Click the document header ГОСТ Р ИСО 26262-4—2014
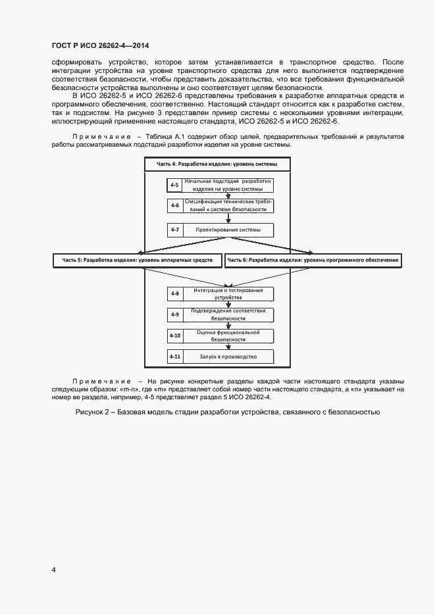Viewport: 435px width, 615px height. click(x=100, y=45)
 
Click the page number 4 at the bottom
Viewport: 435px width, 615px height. click(x=54, y=570)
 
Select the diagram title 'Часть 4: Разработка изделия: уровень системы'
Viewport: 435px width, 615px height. click(x=217, y=164)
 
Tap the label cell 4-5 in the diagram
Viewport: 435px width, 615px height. click(x=174, y=185)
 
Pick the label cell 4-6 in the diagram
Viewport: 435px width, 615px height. click(x=174, y=206)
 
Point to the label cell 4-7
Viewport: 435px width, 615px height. click(x=174, y=230)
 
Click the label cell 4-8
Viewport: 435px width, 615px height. click(x=174, y=293)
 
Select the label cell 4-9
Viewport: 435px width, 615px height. click(x=174, y=314)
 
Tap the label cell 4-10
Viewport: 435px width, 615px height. click(x=174, y=335)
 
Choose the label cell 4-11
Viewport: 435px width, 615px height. click(x=174, y=357)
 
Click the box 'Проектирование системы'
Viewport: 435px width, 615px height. click(x=228, y=230)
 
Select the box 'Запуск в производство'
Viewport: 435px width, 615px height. click(x=228, y=357)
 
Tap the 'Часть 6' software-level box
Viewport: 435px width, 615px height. click(x=313, y=260)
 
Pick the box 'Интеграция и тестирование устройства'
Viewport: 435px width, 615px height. click(x=228, y=293)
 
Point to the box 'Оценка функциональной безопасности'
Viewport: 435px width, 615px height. click(x=228, y=335)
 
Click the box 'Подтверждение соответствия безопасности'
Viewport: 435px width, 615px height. click(x=228, y=314)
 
